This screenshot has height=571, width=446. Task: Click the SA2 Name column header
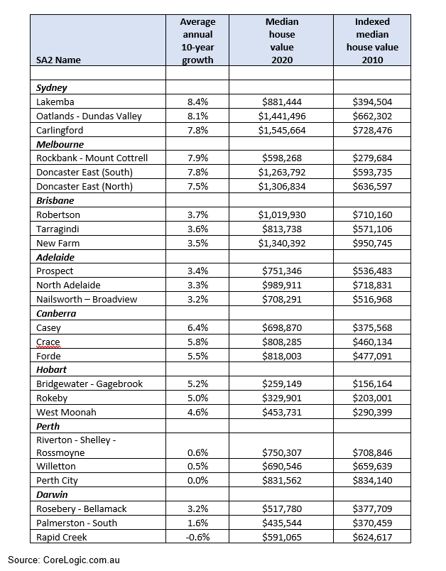(x=58, y=60)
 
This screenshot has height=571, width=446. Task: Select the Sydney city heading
(x=52, y=88)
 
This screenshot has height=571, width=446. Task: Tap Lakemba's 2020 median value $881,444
(x=282, y=102)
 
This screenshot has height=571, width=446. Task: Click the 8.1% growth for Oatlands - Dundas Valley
(x=197, y=116)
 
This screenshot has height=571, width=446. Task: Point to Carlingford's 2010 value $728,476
(x=372, y=130)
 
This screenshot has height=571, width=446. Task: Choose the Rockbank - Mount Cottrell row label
(x=92, y=158)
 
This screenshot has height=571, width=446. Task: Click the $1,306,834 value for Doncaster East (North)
(x=282, y=186)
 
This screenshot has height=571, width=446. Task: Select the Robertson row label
(x=58, y=214)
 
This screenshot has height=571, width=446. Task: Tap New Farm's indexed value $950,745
(x=372, y=242)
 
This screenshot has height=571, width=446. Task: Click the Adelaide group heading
(x=55, y=257)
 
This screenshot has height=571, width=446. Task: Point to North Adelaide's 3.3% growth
(x=197, y=285)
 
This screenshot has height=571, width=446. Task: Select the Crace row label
(x=48, y=342)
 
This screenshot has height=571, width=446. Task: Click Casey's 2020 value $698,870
(x=282, y=327)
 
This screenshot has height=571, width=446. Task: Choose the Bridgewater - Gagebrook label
(x=89, y=384)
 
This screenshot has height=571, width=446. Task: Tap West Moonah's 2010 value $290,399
(x=372, y=412)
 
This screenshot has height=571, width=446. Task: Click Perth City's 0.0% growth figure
(x=197, y=480)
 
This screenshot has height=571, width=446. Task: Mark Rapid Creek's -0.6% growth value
(x=197, y=537)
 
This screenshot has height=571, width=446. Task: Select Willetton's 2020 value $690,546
(x=282, y=467)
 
